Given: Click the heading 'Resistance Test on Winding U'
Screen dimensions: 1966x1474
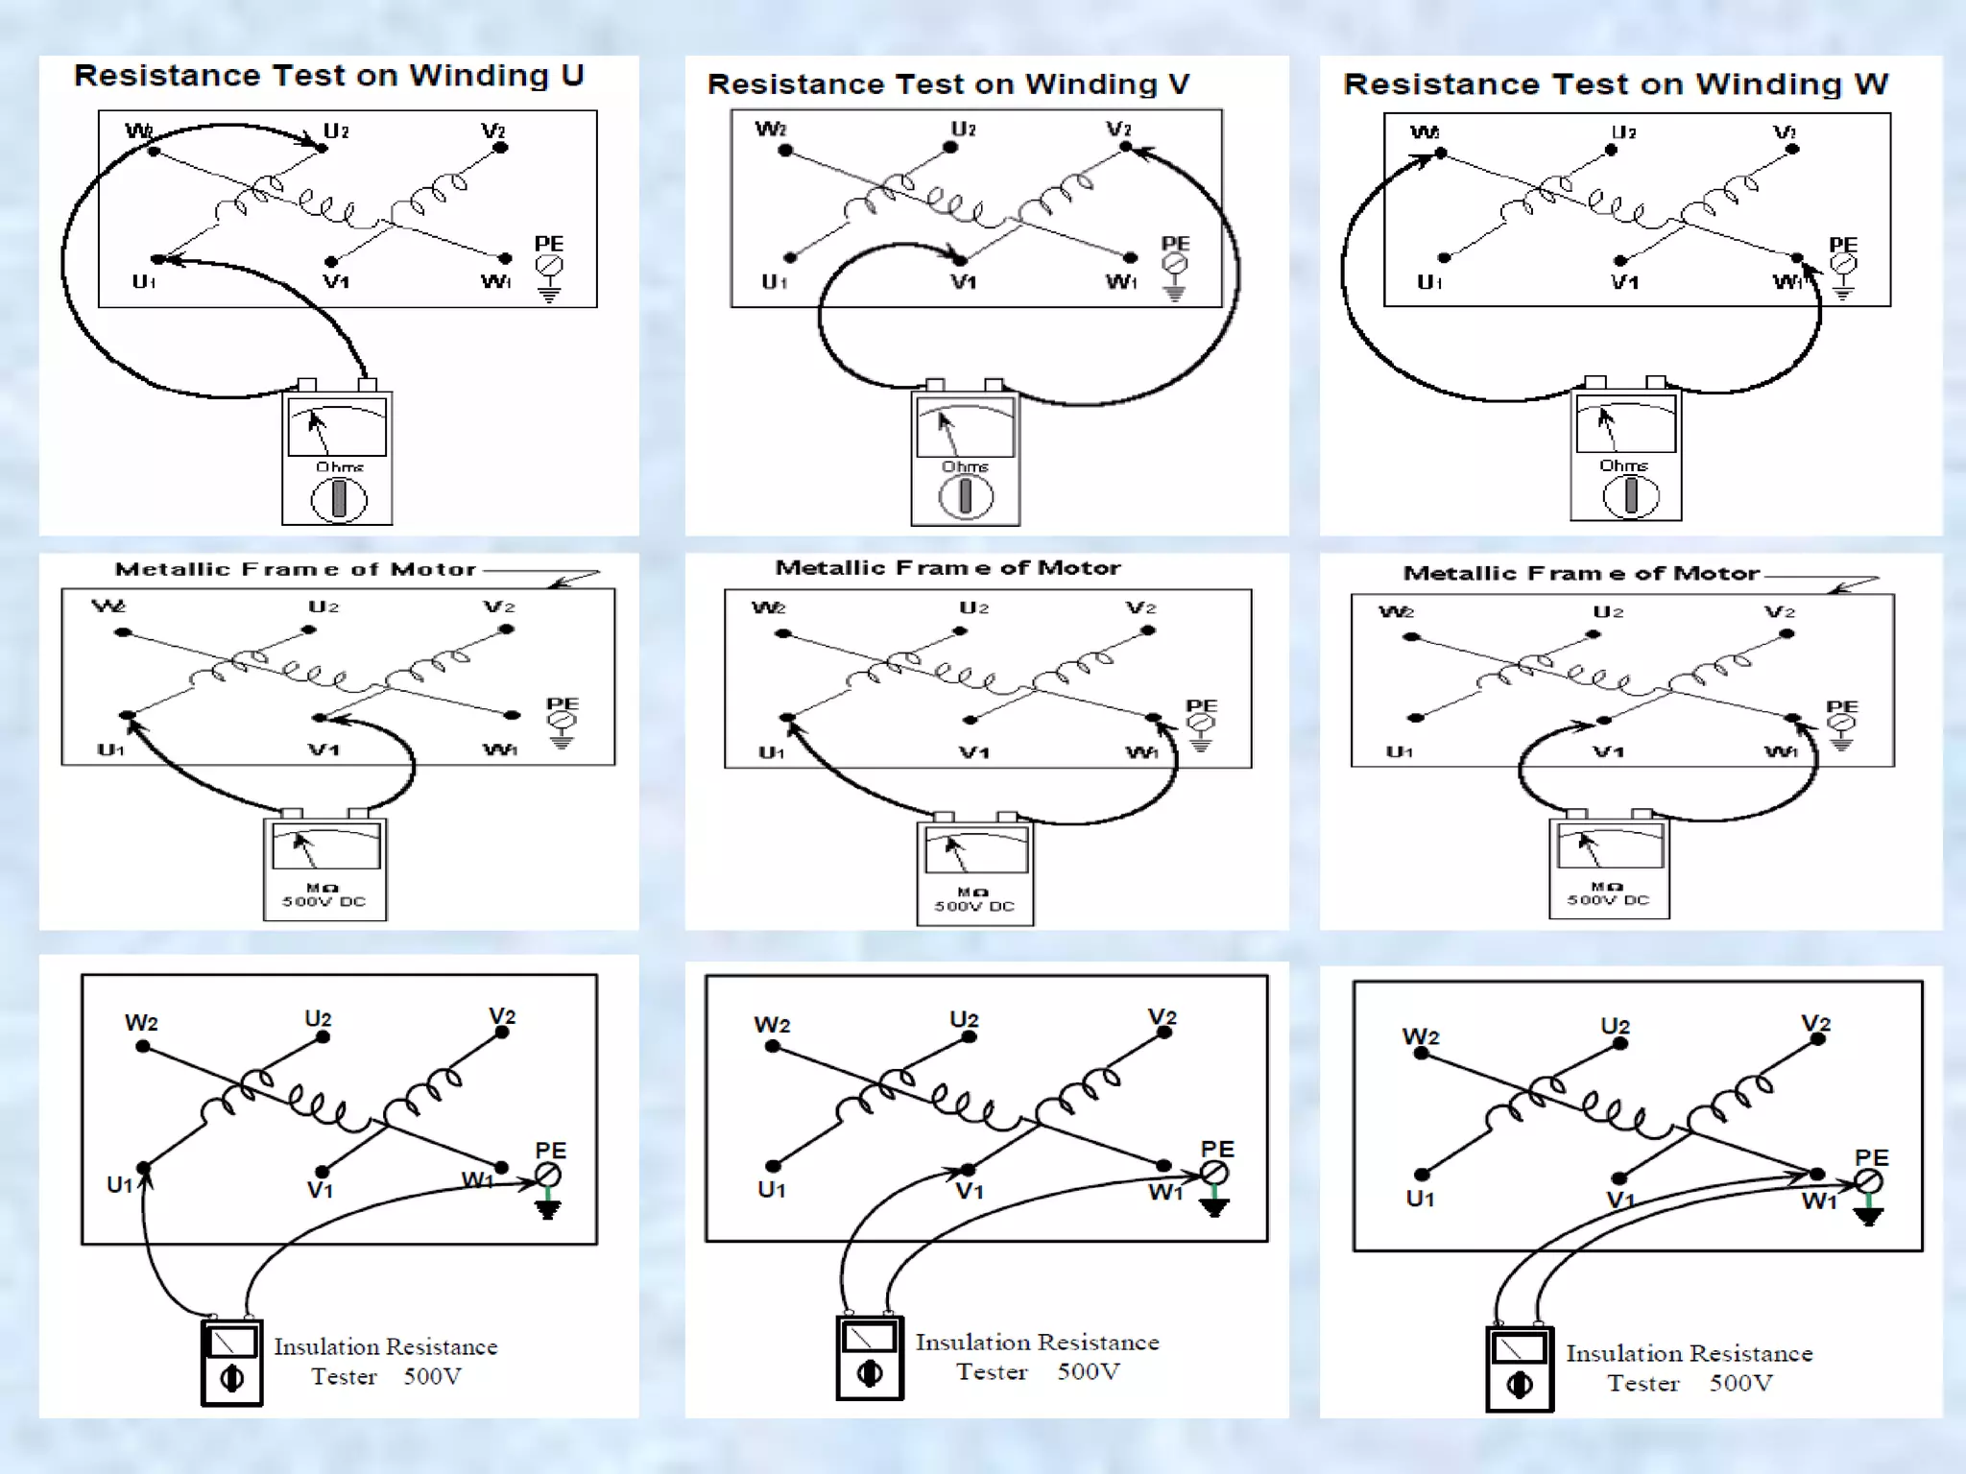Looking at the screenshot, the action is (x=328, y=76).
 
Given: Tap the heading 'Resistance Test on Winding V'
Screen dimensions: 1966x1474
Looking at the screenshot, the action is (x=947, y=84).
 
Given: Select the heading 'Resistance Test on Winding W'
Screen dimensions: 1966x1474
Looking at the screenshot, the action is (x=1616, y=84).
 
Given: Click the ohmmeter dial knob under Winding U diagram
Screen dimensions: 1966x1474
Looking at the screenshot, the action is (x=338, y=500).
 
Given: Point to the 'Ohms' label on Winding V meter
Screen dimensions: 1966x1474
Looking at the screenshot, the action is (x=965, y=467).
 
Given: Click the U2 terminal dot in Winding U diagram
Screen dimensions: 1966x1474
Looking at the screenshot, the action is (x=322, y=145).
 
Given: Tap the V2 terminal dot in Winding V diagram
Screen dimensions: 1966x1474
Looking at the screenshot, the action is (x=1126, y=147).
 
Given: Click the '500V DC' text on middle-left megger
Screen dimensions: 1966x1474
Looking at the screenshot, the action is (x=324, y=902).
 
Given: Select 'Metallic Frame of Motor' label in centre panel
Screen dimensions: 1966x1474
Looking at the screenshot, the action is (x=947, y=568).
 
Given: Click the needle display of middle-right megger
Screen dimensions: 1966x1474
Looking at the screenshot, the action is (x=1610, y=846).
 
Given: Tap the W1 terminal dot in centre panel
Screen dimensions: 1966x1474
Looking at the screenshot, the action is (x=1154, y=717).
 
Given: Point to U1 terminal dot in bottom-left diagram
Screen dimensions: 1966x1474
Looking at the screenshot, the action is (x=143, y=1168).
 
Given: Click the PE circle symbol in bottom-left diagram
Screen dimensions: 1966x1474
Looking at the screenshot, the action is (x=548, y=1175).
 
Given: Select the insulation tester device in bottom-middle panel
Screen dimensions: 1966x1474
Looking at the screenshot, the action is (x=870, y=1358).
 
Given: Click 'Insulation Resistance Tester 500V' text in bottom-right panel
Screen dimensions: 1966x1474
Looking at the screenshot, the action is (x=1690, y=1367).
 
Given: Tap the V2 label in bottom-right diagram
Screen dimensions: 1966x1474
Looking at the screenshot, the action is (x=1815, y=1023).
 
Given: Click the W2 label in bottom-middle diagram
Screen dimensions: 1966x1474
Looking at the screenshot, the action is (x=772, y=1025).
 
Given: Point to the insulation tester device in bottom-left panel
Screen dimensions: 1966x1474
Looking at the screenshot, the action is (x=232, y=1363).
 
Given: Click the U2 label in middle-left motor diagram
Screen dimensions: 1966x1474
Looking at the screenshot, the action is (x=324, y=606).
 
